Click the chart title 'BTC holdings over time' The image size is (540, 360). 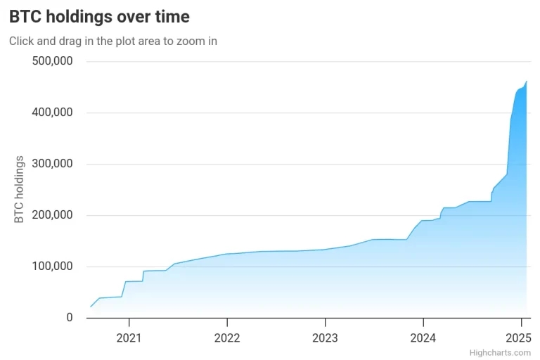pos(99,17)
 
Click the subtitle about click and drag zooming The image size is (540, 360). pos(113,41)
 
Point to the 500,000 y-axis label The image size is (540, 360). pos(52,61)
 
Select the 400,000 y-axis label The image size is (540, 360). pos(52,112)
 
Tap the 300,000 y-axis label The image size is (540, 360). pos(52,164)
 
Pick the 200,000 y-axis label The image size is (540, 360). pos(52,215)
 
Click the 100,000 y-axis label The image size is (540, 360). pos(52,266)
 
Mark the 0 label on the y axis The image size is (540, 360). pos(70,317)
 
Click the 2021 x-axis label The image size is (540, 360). pos(129,338)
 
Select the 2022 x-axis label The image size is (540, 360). pos(227,338)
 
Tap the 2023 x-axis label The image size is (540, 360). pos(325,338)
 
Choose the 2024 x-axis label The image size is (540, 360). pos(423,338)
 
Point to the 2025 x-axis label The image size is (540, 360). pos(519,338)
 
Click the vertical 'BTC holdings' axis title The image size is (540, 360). pos(19,189)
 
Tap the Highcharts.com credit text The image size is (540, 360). pos(500,353)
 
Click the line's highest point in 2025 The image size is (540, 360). pos(527,82)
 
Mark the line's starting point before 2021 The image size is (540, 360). pos(91,307)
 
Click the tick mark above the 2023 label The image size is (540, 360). pos(325,322)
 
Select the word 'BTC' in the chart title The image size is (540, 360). pos(25,17)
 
